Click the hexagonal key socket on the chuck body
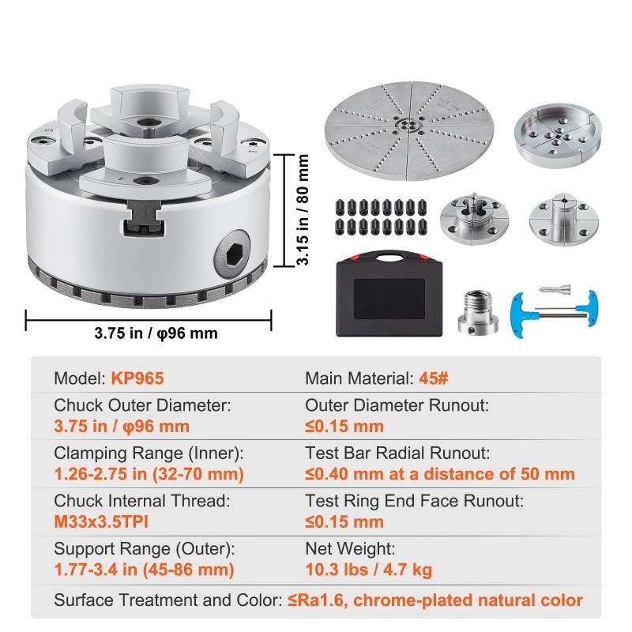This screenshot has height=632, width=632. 231,254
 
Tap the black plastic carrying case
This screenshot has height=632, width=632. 389,294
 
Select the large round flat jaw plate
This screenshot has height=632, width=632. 409,131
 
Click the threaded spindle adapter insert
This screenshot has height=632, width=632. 478,311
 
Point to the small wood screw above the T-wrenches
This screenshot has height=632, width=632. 555,288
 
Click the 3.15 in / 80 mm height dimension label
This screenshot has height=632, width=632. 303,209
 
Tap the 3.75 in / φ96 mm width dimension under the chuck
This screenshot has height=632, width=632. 156,333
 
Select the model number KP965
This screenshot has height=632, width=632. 137,378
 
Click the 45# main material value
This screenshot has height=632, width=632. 433,378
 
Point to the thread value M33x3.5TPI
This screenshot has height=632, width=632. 101,522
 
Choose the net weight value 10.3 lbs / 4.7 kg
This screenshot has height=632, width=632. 368,570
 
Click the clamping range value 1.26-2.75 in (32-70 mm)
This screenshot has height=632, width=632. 149,474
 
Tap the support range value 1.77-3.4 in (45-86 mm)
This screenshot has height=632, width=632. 144,570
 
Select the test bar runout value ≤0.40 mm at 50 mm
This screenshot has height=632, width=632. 440,474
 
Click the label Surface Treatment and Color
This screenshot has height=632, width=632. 168,600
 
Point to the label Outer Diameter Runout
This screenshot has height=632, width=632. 397,405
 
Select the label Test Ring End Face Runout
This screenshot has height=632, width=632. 414,501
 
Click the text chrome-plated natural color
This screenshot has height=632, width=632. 468,600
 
